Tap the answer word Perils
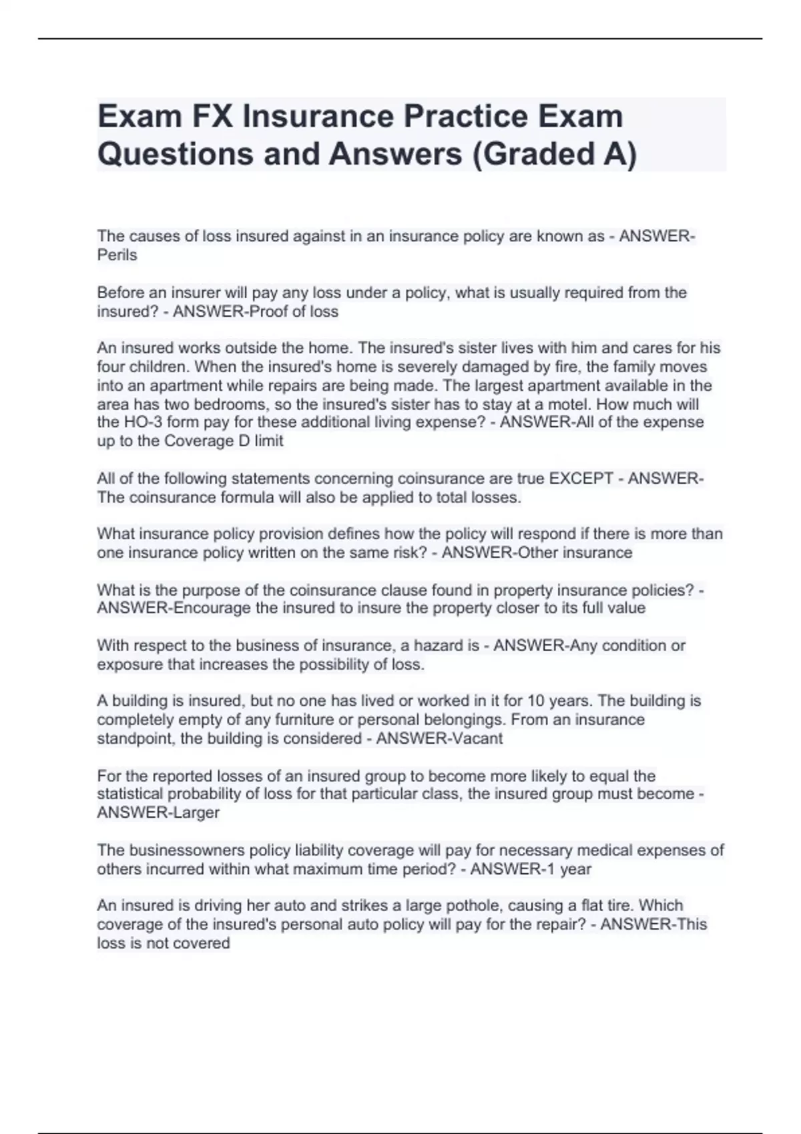click(x=117, y=255)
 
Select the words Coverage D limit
click(x=224, y=441)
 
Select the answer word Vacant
click(x=477, y=738)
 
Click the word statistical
click(x=129, y=794)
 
